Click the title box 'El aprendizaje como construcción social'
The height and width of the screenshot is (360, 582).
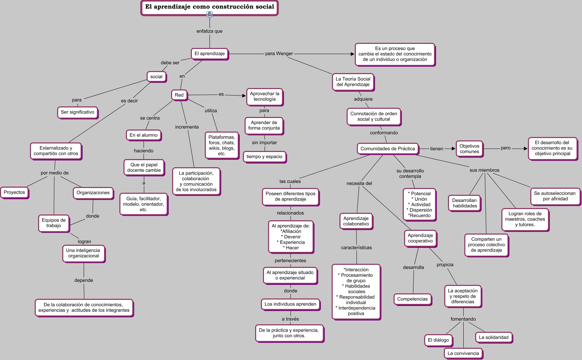(x=209, y=7)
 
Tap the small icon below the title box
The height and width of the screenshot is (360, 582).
(x=210, y=14)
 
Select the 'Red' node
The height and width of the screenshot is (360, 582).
(x=179, y=95)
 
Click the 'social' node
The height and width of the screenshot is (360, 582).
(x=156, y=77)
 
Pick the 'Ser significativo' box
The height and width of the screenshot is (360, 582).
(x=78, y=112)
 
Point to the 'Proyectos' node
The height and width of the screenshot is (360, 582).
(x=14, y=192)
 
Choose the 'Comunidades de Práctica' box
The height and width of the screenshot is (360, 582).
(x=387, y=149)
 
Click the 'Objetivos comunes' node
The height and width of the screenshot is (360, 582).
(x=469, y=149)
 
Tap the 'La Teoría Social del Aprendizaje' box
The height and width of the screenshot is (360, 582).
(x=353, y=82)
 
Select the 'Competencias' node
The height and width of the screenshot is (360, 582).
(x=412, y=299)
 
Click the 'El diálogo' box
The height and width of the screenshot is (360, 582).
(x=438, y=340)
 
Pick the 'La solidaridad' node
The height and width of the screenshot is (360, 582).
(x=494, y=338)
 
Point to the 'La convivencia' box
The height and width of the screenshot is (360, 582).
(x=463, y=354)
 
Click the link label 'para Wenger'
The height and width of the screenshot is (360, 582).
(x=279, y=54)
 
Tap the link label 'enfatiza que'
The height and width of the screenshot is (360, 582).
(x=210, y=31)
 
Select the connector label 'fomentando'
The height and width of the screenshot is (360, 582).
(x=463, y=319)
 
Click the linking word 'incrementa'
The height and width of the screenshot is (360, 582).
(x=187, y=127)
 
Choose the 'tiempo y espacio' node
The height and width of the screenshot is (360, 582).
(x=264, y=157)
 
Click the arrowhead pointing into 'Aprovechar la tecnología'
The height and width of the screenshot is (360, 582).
(x=244, y=96)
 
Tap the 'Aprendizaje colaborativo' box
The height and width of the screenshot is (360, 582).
(x=356, y=221)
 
